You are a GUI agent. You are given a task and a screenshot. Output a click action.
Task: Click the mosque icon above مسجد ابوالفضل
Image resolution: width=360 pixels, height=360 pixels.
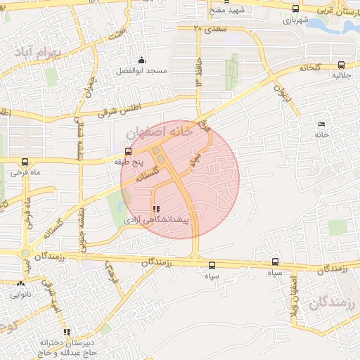pyautogui.click(x=142, y=60)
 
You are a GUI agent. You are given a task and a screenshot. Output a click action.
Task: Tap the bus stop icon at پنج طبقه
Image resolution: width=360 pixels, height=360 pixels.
pyautogui.click(x=128, y=150)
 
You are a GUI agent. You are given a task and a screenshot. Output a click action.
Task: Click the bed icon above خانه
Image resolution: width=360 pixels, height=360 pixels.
pyautogui.click(x=321, y=124)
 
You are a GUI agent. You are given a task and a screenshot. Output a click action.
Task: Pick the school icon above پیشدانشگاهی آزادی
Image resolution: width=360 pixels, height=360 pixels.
pyautogui.click(x=155, y=209)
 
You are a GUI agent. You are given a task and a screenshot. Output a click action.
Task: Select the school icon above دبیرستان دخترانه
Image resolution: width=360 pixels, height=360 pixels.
pyautogui.click(x=67, y=332)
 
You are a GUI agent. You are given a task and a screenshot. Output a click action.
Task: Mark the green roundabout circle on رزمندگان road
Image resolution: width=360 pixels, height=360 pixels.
pyautogui.click(x=25, y=254)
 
